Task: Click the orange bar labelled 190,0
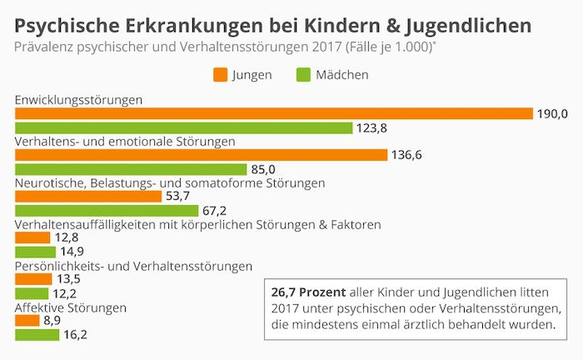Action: tap(274, 114)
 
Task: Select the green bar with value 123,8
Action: tap(184, 128)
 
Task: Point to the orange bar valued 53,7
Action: tap(88, 196)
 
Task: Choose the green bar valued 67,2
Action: tap(107, 210)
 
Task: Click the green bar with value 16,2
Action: tap(37, 334)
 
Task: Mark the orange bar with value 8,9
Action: tap(27, 320)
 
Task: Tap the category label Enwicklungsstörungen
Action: tap(78, 100)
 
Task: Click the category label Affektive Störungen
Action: tap(71, 307)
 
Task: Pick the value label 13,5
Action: tap(69, 279)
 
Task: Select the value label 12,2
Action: tap(66, 293)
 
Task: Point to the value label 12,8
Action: tap(67, 237)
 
